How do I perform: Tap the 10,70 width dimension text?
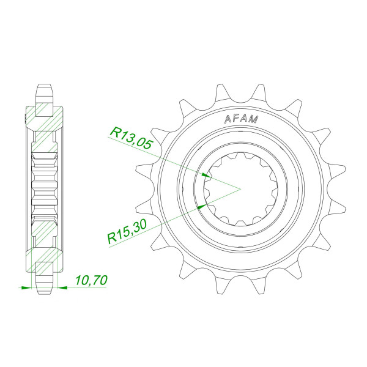click(x=91, y=281)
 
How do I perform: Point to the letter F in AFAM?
click(x=237, y=119)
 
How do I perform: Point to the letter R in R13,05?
click(x=113, y=132)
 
